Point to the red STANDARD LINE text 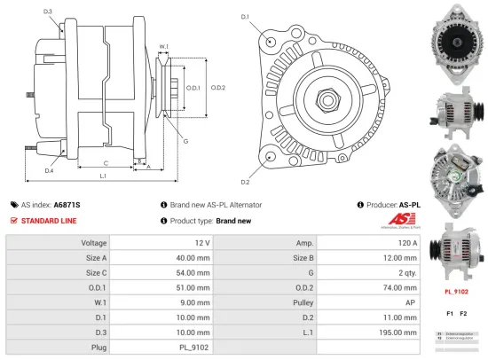click(50, 220)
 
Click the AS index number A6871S click(67, 204)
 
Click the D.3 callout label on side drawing click(47, 12)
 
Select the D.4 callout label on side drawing click(50, 170)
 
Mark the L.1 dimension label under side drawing click(103, 177)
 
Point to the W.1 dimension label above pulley click(164, 46)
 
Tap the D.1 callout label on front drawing click(244, 17)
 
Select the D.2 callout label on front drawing click(244, 182)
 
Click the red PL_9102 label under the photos click(456, 290)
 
